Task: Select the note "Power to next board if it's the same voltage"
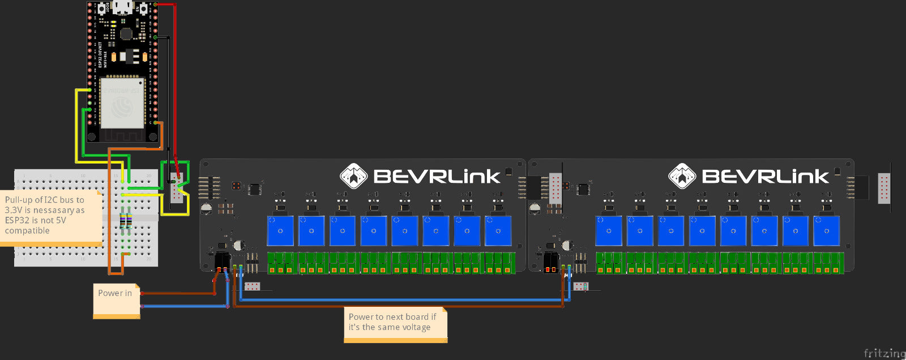pos(395,323)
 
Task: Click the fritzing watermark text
pos(884,354)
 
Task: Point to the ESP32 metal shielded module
pos(122,104)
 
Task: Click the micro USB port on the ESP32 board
pos(122,7)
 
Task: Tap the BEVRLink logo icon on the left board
pos(353,176)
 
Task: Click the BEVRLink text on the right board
pos(765,177)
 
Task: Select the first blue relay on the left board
pos(280,231)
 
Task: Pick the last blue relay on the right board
pos(826,231)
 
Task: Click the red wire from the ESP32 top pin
pos(174,85)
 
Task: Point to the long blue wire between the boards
pos(396,299)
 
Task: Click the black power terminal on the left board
pos(222,261)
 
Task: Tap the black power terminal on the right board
pos(550,262)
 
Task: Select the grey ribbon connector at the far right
pos(883,188)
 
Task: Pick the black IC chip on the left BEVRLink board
pos(255,189)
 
